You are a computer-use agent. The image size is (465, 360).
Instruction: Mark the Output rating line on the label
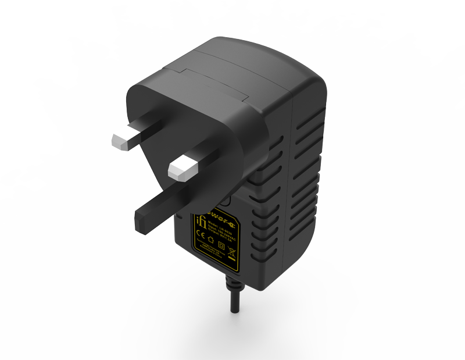(221, 235)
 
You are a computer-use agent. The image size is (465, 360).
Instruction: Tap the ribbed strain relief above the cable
(233, 286)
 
